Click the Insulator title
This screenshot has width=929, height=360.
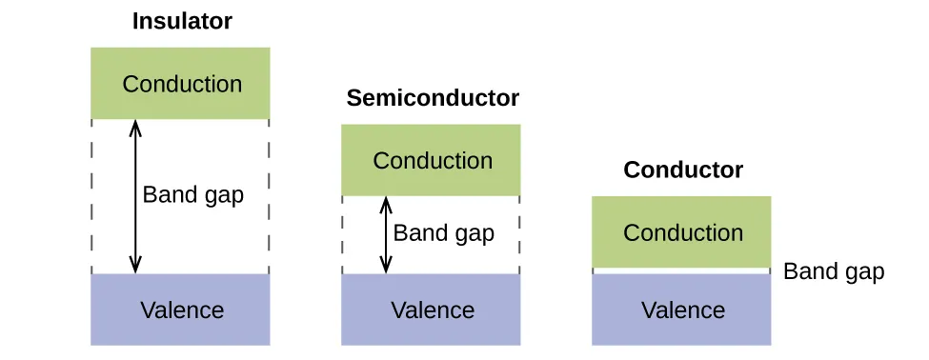click(181, 21)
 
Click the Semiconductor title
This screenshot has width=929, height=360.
click(433, 98)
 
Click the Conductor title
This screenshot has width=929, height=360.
click(682, 170)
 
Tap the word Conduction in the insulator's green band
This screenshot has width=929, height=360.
click(182, 84)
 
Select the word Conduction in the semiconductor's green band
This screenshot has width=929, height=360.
click(433, 160)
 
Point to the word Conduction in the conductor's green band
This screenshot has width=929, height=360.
click(682, 232)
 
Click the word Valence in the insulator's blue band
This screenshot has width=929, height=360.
click(182, 310)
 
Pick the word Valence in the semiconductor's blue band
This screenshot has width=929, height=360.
click(433, 310)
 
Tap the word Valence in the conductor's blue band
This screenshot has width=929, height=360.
click(682, 310)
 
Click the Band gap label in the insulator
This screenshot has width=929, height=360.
click(193, 195)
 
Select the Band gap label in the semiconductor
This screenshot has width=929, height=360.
click(443, 233)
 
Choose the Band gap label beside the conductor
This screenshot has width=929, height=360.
click(834, 272)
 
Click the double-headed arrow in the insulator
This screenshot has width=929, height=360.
click(135, 196)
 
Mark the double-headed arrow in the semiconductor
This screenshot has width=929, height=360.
click(386, 234)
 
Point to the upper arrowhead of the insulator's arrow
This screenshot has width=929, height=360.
click(135, 126)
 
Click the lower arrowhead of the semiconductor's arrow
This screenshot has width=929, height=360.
click(386, 268)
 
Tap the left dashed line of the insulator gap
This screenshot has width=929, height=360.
click(91, 196)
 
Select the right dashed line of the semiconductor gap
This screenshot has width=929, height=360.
click(520, 234)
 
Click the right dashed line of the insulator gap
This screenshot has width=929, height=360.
click(270, 196)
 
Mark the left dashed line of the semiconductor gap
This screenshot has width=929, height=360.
click(342, 234)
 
